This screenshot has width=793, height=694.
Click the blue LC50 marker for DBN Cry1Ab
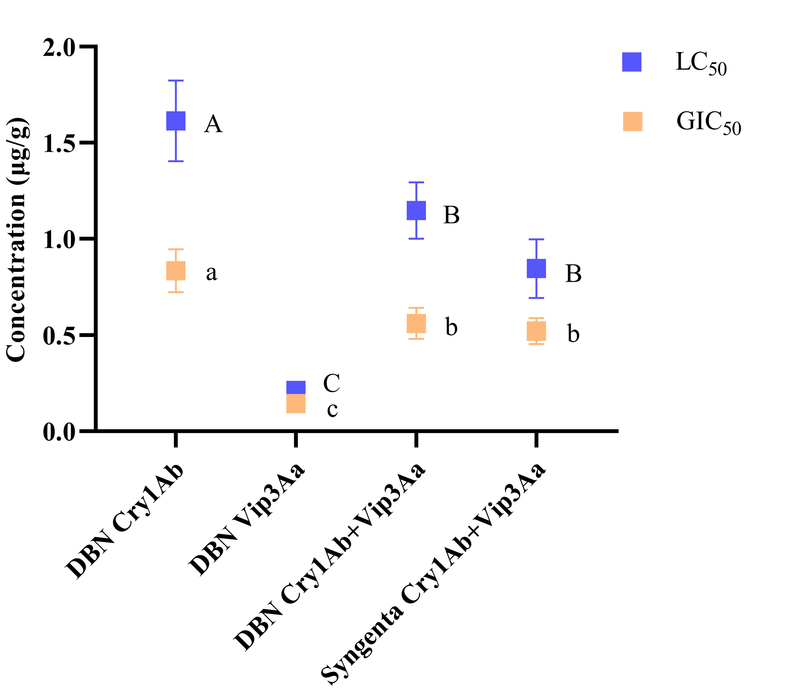tap(176, 121)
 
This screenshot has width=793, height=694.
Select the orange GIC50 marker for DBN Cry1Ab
tap(176, 271)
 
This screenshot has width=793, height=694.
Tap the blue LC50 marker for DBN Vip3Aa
tap(296, 387)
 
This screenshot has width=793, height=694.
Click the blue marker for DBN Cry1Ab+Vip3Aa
tap(416, 210)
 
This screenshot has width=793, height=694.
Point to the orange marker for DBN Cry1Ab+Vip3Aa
tap(416, 323)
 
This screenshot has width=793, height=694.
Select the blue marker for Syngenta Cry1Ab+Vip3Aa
tap(536, 268)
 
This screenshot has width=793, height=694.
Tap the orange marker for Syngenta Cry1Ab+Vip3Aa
tap(536, 331)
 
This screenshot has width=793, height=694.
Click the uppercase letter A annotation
tap(213, 125)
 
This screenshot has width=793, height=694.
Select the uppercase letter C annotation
tap(331, 383)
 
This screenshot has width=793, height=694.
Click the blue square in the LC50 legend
tap(632, 62)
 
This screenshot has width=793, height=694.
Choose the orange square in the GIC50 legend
tap(632, 122)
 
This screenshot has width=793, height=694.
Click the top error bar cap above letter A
tap(176, 81)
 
